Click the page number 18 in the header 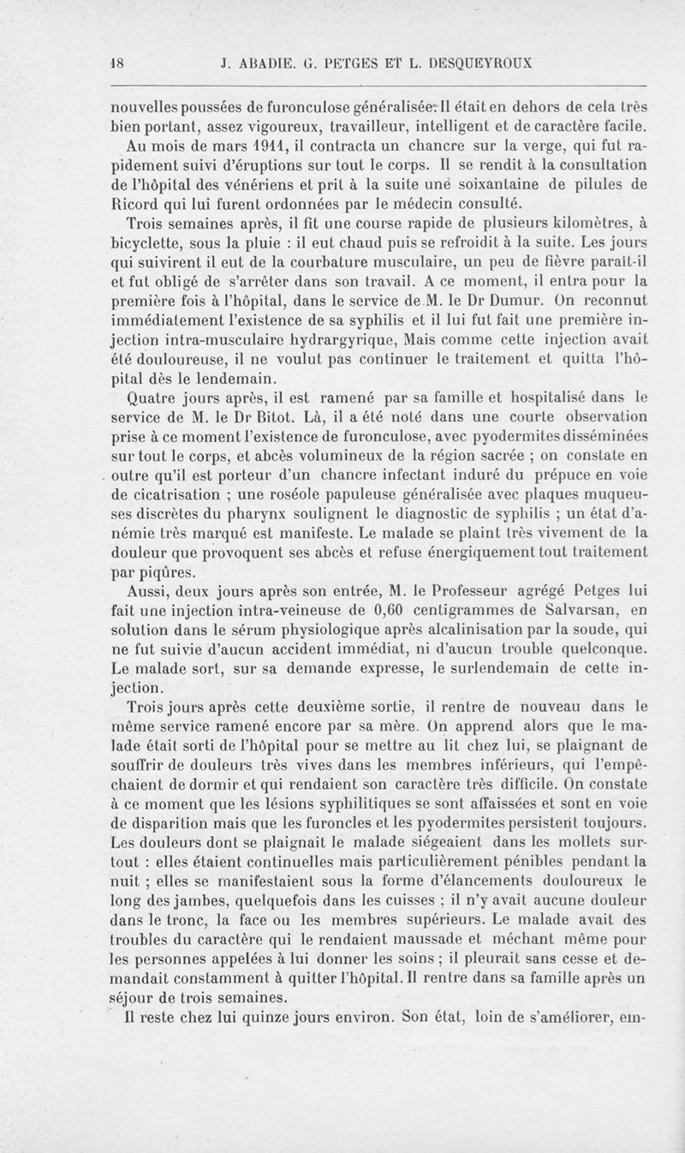coord(119,62)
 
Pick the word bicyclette coord(149,242)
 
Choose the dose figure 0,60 coord(395,611)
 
